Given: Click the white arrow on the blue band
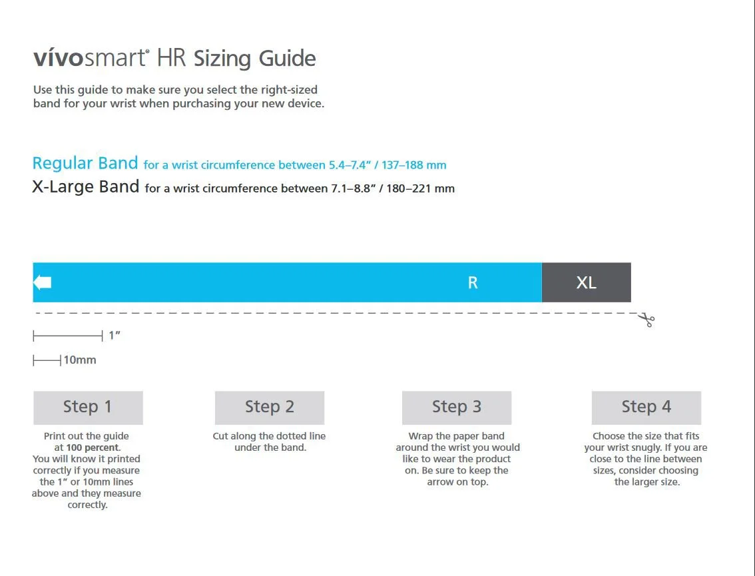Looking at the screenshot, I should tap(43, 282).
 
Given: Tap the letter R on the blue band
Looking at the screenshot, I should tap(473, 283).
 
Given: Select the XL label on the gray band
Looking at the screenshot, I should tap(586, 283).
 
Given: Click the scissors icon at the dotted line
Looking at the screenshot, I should tap(646, 320).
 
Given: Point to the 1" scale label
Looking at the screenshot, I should tap(115, 336).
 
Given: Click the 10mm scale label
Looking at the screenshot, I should tap(80, 360).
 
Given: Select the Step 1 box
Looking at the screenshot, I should tap(88, 408).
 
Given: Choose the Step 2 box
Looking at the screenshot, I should tap(270, 408).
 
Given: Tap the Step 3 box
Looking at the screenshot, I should tap(457, 408).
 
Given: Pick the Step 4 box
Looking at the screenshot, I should tap(646, 408).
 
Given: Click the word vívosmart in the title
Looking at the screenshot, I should tap(90, 58).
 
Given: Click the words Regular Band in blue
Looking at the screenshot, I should tap(85, 163).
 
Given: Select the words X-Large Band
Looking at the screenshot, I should tap(86, 186).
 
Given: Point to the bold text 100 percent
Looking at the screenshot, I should tap(93, 447).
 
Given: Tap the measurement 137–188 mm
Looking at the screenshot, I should tap(414, 165).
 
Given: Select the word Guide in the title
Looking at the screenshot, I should tap(287, 59).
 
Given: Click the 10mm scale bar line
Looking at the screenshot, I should tap(47, 360).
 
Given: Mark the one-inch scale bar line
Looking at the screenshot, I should tap(68, 336).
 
